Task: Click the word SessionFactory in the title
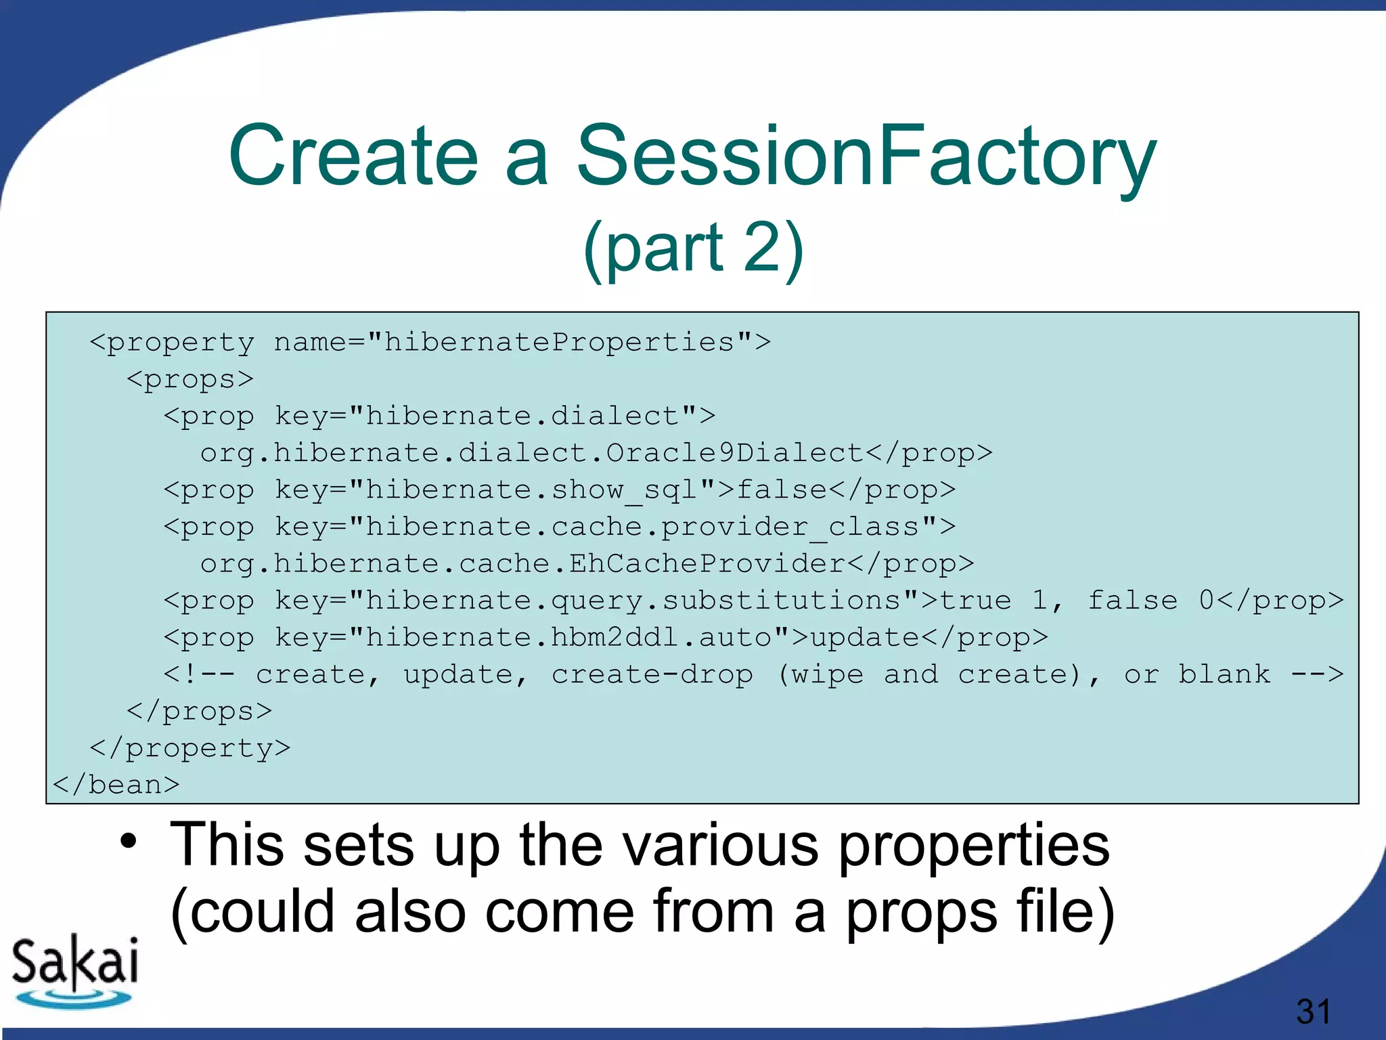point(866,156)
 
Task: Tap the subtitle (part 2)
point(693,247)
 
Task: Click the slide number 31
point(1314,1012)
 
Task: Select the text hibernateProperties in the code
point(559,342)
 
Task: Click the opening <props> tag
point(189,379)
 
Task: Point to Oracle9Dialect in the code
point(734,453)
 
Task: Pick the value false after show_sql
point(782,490)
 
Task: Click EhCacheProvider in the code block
point(707,563)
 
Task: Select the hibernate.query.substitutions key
point(633,601)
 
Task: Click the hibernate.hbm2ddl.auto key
point(568,637)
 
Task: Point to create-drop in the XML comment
point(652,674)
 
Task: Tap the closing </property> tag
point(189,748)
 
